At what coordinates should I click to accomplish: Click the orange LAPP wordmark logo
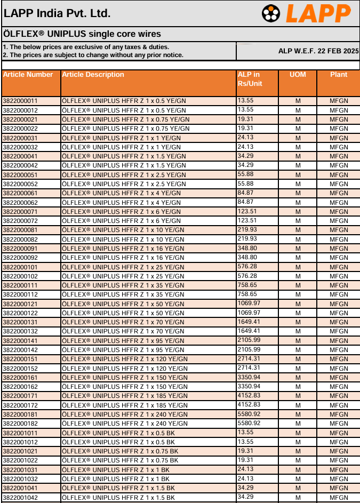(x=318, y=13)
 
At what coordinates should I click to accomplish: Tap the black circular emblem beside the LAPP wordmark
(x=271, y=14)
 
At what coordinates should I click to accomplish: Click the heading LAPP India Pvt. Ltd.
(x=57, y=13)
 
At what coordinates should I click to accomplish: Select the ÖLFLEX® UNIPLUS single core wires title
(x=82, y=34)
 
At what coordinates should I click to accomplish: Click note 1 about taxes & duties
(x=86, y=47)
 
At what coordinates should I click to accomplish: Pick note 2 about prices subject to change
(x=93, y=55)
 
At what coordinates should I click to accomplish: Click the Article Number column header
(x=28, y=75)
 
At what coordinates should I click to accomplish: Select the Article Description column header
(x=93, y=75)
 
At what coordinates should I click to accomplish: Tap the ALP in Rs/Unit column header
(x=250, y=79)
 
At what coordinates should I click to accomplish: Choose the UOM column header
(x=298, y=75)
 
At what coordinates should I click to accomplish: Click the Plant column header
(x=338, y=75)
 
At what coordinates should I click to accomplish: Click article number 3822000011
(x=20, y=101)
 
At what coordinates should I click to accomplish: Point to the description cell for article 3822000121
(x=123, y=304)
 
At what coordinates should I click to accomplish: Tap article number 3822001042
(x=20, y=498)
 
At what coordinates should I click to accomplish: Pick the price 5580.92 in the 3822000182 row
(x=249, y=424)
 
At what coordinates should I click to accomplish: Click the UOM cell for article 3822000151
(x=298, y=359)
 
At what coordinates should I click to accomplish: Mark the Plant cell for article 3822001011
(x=339, y=433)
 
